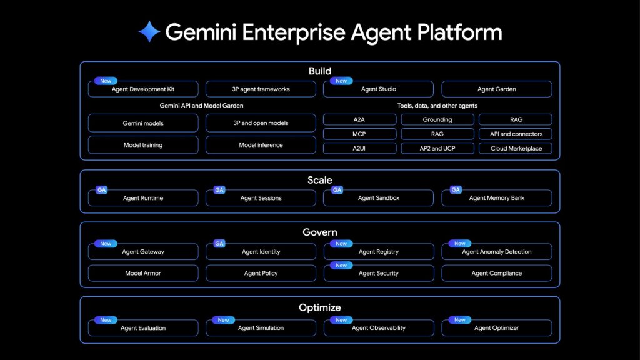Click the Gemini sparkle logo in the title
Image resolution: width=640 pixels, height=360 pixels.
(x=149, y=32)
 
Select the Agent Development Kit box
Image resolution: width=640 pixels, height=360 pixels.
(x=143, y=89)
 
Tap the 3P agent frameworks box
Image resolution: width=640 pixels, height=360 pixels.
(x=261, y=89)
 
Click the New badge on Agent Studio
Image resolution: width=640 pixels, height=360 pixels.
(x=341, y=81)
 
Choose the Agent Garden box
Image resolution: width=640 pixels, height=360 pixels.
(x=496, y=89)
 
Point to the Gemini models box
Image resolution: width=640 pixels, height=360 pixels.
(x=143, y=123)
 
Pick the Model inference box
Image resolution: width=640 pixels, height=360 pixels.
(x=261, y=145)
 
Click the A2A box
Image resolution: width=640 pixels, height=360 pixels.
(x=359, y=119)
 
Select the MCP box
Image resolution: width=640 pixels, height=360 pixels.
(x=359, y=134)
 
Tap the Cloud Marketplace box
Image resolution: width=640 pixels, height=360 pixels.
(x=516, y=149)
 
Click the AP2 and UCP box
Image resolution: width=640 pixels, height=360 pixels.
(x=437, y=149)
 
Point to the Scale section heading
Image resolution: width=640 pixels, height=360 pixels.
(x=319, y=180)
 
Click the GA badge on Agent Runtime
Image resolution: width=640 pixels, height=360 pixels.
(x=101, y=190)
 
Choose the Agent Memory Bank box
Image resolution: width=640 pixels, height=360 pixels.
(x=496, y=198)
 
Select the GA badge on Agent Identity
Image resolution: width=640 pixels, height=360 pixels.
(x=219, y=243)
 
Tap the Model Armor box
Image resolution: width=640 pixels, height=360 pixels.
(x=143, y=273)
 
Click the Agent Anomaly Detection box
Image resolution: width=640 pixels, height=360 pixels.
(x=496, y=252)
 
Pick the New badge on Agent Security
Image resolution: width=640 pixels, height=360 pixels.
(x=341, y=265)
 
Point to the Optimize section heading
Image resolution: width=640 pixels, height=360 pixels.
(x=319, y=307)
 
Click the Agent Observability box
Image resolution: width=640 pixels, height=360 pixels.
(x=378, y=328)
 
